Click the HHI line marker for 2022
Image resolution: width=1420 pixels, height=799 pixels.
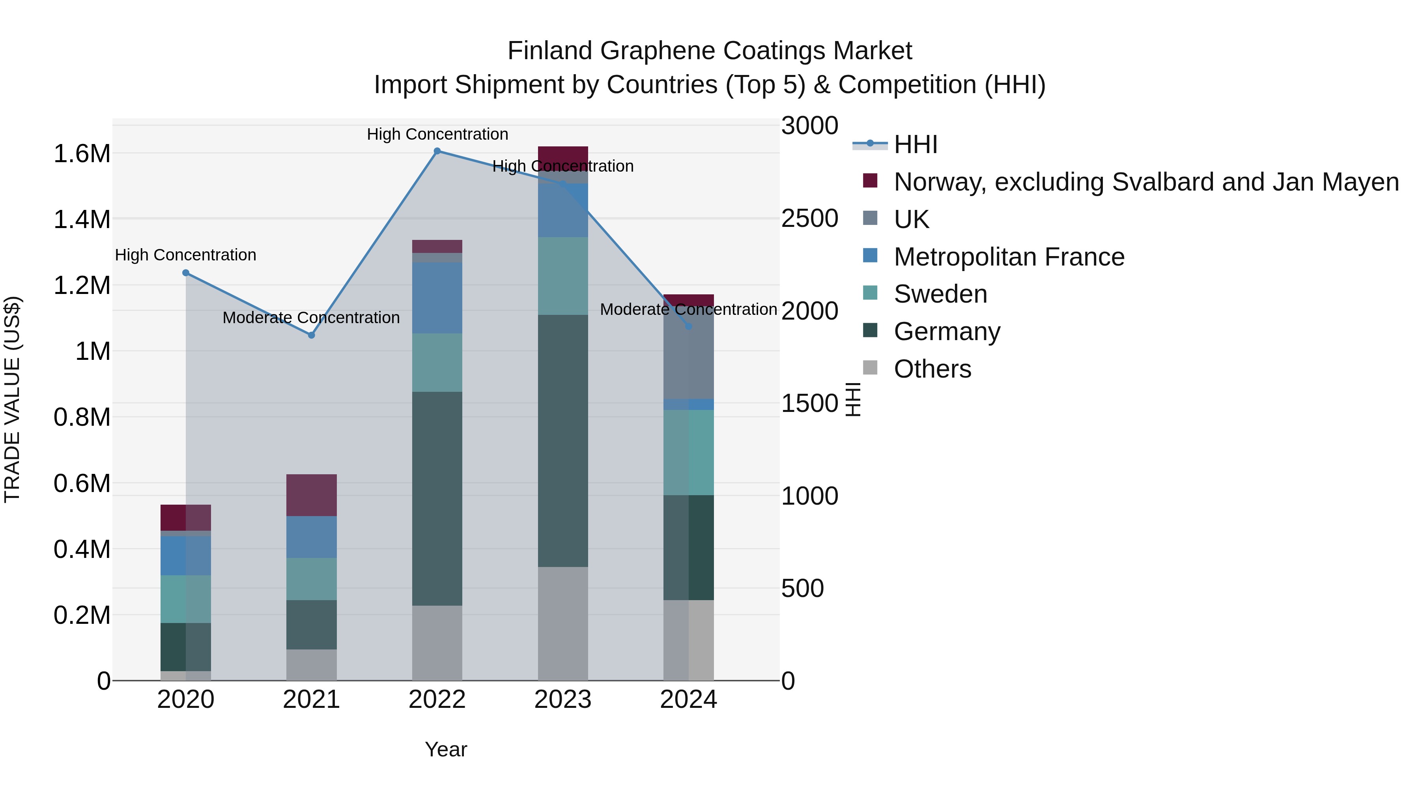437,151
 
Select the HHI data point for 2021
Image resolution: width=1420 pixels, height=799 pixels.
312,335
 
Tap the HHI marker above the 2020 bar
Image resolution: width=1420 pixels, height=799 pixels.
186,273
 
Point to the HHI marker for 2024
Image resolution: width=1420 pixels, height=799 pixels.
688,326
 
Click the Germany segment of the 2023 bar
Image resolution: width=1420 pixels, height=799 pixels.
563,441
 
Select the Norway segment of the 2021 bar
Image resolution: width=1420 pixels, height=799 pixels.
312,495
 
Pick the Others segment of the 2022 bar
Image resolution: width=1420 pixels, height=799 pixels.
437,643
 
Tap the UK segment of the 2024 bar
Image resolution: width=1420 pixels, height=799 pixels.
688,353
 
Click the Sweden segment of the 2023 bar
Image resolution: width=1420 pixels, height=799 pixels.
563,276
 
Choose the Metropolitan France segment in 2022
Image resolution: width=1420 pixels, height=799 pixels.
437,298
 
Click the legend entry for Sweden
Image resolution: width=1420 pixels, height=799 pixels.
940,294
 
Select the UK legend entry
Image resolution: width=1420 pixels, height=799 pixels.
911,219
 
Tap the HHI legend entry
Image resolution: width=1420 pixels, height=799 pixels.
916,144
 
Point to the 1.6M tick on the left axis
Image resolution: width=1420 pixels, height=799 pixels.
82,154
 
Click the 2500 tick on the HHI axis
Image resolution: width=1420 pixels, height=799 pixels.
810,218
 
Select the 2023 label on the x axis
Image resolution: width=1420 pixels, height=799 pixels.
563,700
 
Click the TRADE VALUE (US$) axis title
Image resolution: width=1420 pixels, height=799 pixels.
13,399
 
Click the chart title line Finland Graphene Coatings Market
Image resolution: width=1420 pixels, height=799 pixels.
710,51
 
